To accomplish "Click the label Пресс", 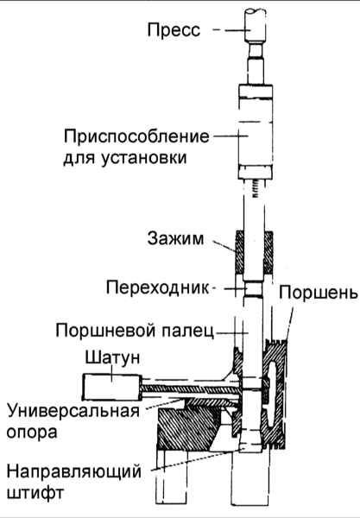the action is pyautogui.click(x=174, y=30).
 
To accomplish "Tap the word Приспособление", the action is pyautogui.click(x=136, y=136).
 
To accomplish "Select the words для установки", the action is pyautogui.click(x=125, y=158).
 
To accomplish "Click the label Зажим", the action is pyautogui.click(x=175, y=238).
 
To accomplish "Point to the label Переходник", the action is pyautogui.click(x=158, y=287).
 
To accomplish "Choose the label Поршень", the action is pyautogui.click(x=319, y=293).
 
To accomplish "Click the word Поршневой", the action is pyautogui.click(x=106, y=330).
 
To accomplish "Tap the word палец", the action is pyautogui.click(x=187, y=331).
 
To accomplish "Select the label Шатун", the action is pyautogui.click(x=112, y=357).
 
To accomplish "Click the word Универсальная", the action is pyautogui.click(x=73, y=411).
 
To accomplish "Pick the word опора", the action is pyautogui.click(x=32, y=433).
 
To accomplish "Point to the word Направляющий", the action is pyautogui.click(x=74, y=471).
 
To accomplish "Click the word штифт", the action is pyautogui.click(x=35, y=492).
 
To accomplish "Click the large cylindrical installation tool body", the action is pyautogui.click(x=256, y=131).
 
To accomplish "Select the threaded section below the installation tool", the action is pyautogui.click(x=256, y=189).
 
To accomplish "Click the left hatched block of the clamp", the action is pyautogui.click(x=239, y=253).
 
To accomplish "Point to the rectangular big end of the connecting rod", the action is pyautogui.click(x=112, y=387).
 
